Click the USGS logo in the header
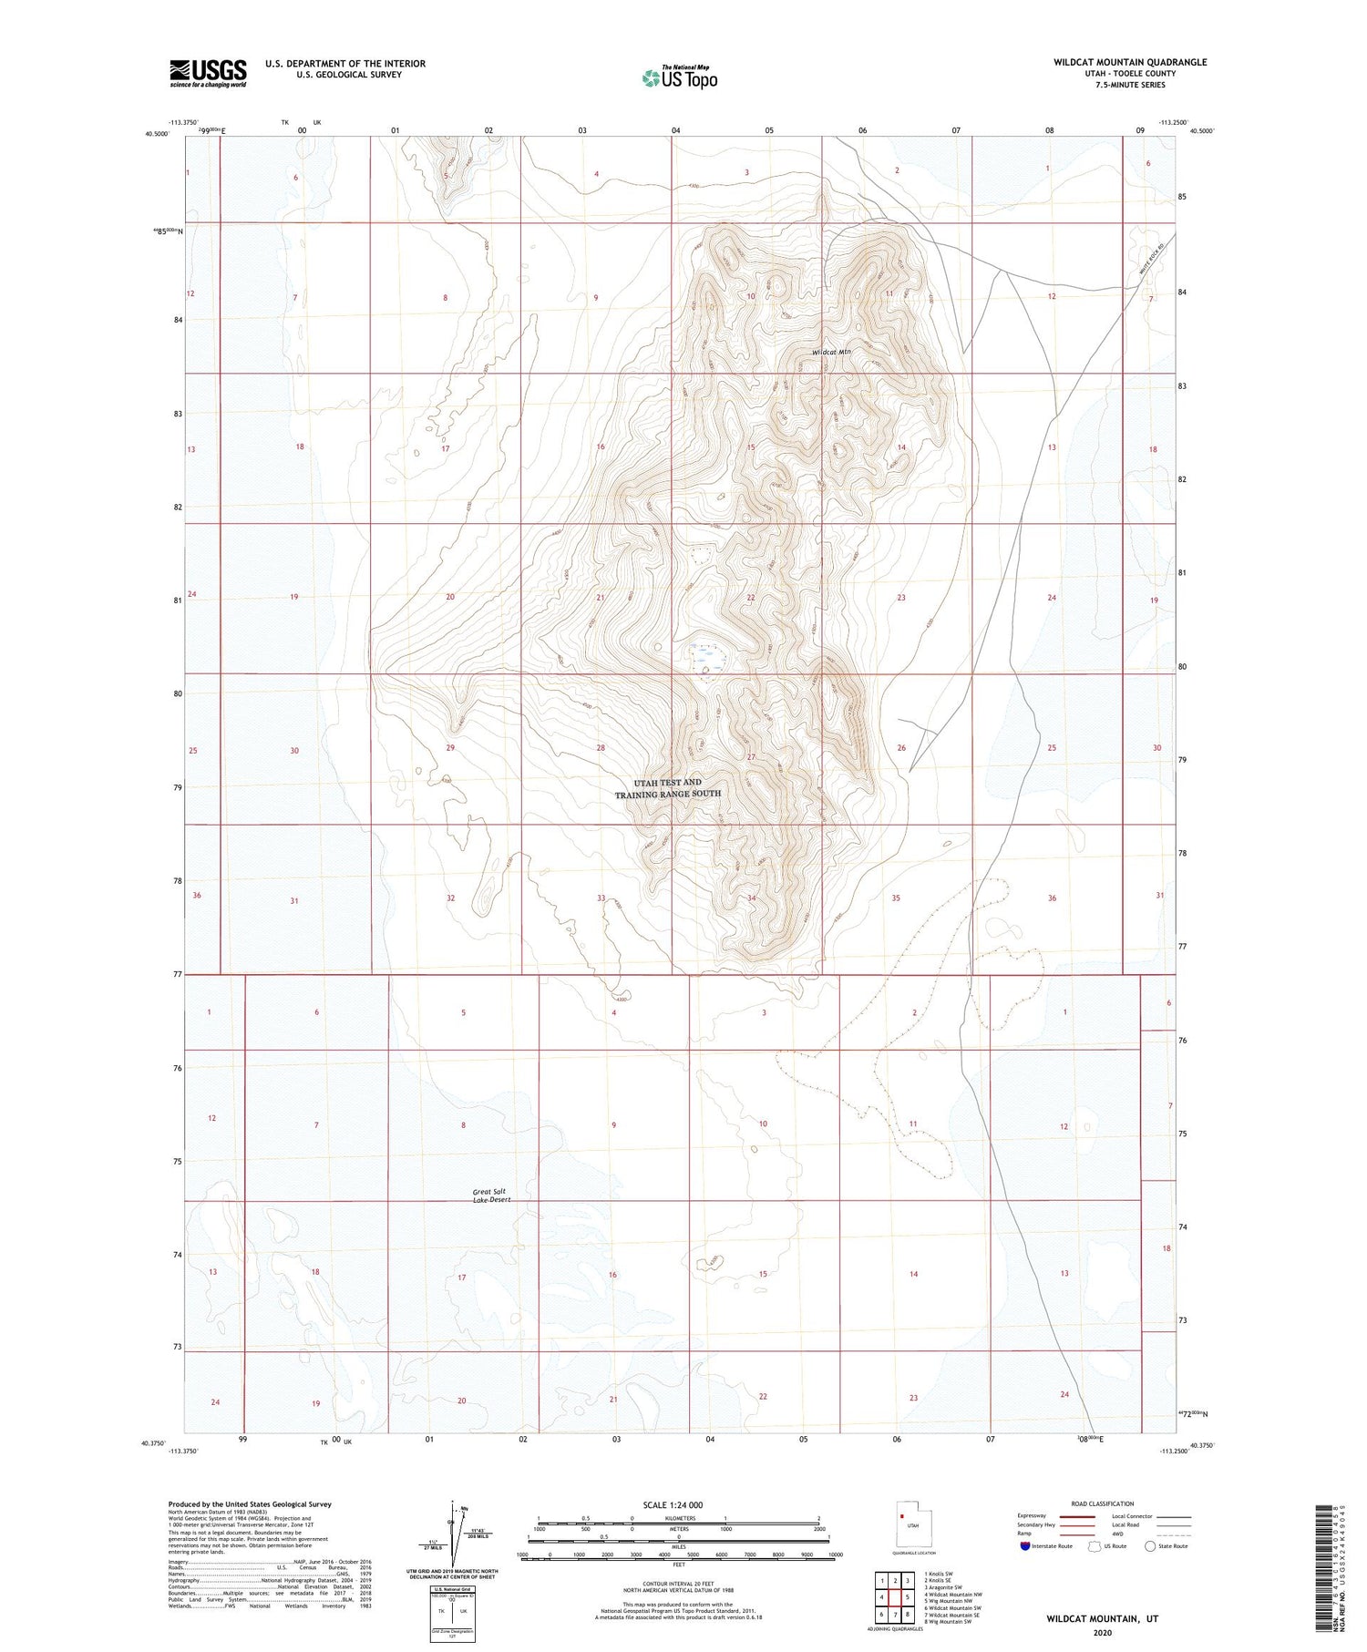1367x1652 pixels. [208, 73]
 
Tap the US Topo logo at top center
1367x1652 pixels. [680, 78]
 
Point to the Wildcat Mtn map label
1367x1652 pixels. [832, 353]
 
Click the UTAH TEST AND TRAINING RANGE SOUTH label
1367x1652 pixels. [668, 788]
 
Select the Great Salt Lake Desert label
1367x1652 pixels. [491, 1195]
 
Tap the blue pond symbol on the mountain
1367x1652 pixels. [705, 653]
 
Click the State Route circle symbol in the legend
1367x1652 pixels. [1150, 1546]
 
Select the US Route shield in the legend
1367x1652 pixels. [1095, 1546]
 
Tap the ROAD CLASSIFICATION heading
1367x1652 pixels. [1103, 1503]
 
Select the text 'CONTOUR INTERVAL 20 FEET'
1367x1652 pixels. [678, 1584]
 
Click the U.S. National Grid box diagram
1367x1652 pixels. [452, 1614]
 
